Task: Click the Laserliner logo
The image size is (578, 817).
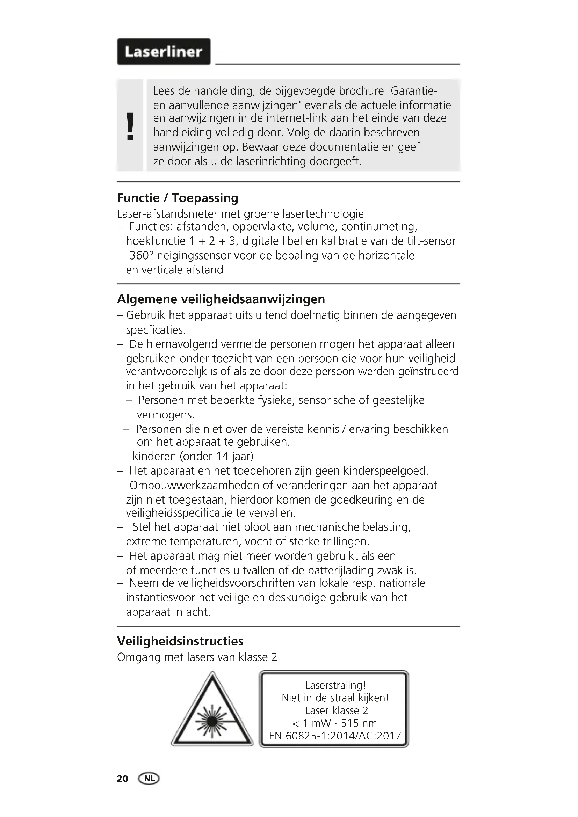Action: tap(164, 52)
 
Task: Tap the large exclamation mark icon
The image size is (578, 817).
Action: tap(130, 126)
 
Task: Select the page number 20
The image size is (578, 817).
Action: tap(122, 779)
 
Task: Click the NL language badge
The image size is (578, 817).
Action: tap(150, 779)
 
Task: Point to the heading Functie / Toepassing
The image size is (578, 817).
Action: tap(178, 198)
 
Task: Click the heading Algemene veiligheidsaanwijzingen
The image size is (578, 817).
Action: tap(221, 299)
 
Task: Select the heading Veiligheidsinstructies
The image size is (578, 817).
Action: tap(180, 641)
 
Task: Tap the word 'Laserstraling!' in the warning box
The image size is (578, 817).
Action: tap(335, 685)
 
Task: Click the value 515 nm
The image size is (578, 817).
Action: tap(359, 723)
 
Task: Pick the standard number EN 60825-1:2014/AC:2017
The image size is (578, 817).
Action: tap(335, 736)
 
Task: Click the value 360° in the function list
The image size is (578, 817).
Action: tap(141, 255)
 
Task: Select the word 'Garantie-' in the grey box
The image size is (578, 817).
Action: tap(413, 91)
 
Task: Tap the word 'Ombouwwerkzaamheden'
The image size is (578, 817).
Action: tap(194, 486)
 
